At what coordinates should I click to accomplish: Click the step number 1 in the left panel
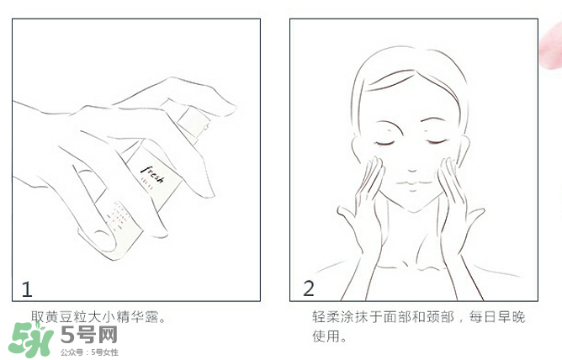tap(27, 289)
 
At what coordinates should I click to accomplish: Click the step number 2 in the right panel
tap(308, 289)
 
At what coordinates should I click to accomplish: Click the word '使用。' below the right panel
tap(329, 337)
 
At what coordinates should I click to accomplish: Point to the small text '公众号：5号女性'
tap(89, 352)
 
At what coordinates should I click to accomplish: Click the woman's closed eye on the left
tap(384, 142)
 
